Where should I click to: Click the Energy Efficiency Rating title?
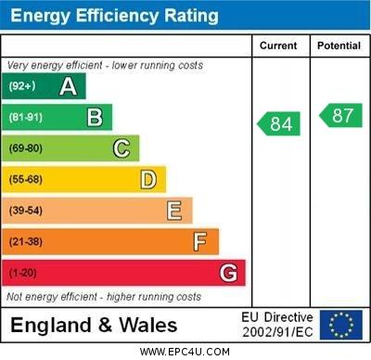tap(113, 16)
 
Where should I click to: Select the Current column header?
tap(278, 45)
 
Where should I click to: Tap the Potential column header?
tap(339, 45)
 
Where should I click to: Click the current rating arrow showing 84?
tap(280, 123)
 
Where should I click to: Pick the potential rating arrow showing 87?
tap(340, 115)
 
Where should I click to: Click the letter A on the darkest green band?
tap(68, 86)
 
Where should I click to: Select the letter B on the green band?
tap(95, 117)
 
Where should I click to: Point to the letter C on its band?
tap(122, 148)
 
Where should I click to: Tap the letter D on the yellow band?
tap(148, 179)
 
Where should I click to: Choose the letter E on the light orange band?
tap(174, 211)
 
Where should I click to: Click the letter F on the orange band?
tap(200, 242)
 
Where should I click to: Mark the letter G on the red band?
tap(228, 273)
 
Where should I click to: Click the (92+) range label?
tap(21, 86)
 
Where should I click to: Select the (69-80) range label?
tap(26, 148)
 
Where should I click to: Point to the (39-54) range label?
tap(26, 211)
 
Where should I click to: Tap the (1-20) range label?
tap(23, 274)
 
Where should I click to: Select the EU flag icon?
tap(341, 325)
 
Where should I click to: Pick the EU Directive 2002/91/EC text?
tap(277, 325)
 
